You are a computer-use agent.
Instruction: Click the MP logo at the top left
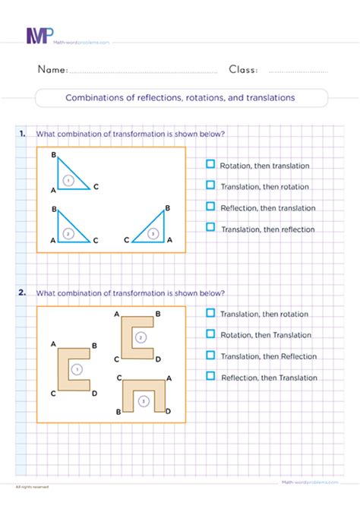[x=40, y=36]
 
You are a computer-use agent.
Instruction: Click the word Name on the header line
[x=52, y=70]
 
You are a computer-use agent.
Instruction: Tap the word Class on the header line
[x=242, y=70]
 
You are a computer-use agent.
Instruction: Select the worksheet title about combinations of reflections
[x=181, y=98]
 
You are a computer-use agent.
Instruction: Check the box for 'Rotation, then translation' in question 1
[x=210, y=164]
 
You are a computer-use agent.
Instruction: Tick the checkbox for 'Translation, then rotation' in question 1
[x=210, y=185]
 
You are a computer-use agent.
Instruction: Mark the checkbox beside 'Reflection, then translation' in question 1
[x=210, y=207]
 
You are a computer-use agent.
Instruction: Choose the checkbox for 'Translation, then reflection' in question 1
[x=210, y=227]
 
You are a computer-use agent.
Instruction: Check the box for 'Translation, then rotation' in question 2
[x=210, y=312]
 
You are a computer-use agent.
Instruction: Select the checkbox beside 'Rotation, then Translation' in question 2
[x=210, y=334]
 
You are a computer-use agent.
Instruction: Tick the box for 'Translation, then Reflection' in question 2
[x=210, y=355]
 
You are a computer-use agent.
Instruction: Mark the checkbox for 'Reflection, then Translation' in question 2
[x=210, y=376]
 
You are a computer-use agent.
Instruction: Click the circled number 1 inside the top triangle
[x=68, y=180]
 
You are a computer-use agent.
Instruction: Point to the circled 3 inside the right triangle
[x=154, y=234]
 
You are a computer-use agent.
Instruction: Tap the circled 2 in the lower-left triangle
[x=68, y=234]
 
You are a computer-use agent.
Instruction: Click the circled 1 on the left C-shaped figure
[x=75, y=370]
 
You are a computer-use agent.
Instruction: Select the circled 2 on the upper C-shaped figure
[x=139, y=337]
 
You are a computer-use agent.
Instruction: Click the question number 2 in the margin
[x=21, y=292]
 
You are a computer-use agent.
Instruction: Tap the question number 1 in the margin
[x=21, y=134]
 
